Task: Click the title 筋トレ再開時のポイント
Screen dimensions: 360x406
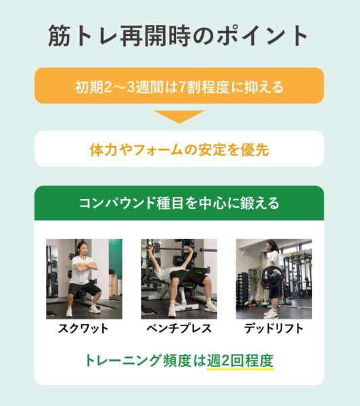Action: [x=178, y=36]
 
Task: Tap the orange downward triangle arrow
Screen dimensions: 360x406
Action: [x=179, y=116]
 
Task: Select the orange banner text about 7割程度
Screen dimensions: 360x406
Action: [x=179, y=87]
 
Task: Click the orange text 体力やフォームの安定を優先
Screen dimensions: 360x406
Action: [x=179, y=150]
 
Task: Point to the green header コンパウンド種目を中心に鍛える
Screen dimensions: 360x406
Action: [x=179, y=203]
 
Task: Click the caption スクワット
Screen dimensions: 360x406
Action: [x=83, y=329]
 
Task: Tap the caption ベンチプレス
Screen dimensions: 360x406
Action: [x=179, y=329]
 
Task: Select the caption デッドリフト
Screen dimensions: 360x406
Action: [x=274, y=329]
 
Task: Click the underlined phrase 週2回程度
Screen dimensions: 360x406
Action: [x=240, y=361]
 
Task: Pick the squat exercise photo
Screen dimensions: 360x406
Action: [x=84, y=279]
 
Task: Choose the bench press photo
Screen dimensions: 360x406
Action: [x=179, y=279]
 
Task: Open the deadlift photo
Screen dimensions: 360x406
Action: [x=274, y=279]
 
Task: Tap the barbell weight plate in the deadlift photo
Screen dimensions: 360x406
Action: [x=272, y=278]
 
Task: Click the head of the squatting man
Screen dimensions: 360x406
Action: [x=82, y=249]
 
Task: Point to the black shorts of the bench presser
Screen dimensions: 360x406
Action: [x=189, y=277]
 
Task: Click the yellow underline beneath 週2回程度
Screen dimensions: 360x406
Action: [x=240, y=369]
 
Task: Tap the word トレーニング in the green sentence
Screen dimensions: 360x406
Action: [x=122, y=361]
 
